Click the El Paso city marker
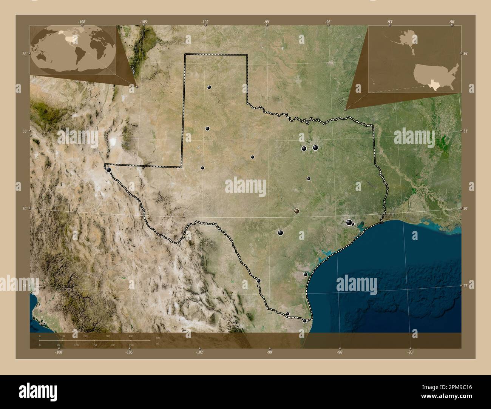[109, 170]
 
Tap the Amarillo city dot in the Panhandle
[209, 87]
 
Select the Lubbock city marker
[207, 129]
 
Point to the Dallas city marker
[315, 148]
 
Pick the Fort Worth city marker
[304, 148]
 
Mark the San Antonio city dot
[280, 233]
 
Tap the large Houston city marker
[349, 223]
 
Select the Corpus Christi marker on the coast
[306, 274]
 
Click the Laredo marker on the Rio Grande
[259, 281]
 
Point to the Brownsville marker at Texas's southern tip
[305, 321]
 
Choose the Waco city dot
[309, 179]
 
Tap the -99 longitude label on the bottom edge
[270, 352]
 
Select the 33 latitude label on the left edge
[24, 131]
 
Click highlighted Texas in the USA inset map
[435, 85]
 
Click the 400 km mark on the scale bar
[131, 336]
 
